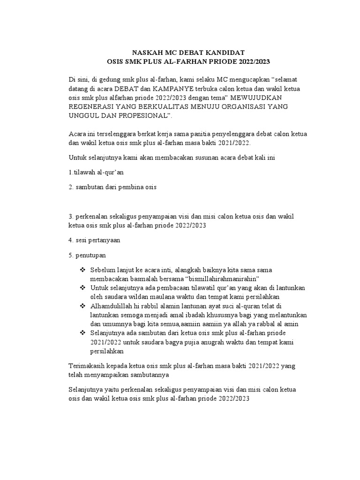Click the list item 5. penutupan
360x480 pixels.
[87, 255]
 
